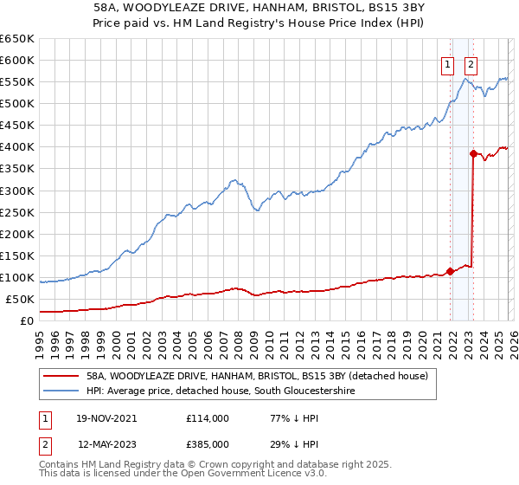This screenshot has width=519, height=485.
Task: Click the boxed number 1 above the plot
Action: [448, 63]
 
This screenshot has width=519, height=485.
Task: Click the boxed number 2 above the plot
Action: [471, 63]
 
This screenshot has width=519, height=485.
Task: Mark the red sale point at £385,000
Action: [473, 153]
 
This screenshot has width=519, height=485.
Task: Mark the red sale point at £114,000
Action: [451, 271]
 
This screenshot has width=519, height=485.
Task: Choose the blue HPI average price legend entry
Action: [221, 391]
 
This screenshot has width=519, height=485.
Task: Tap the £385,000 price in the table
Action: [208, 444]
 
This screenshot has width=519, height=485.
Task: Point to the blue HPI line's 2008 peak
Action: [235, 180]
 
